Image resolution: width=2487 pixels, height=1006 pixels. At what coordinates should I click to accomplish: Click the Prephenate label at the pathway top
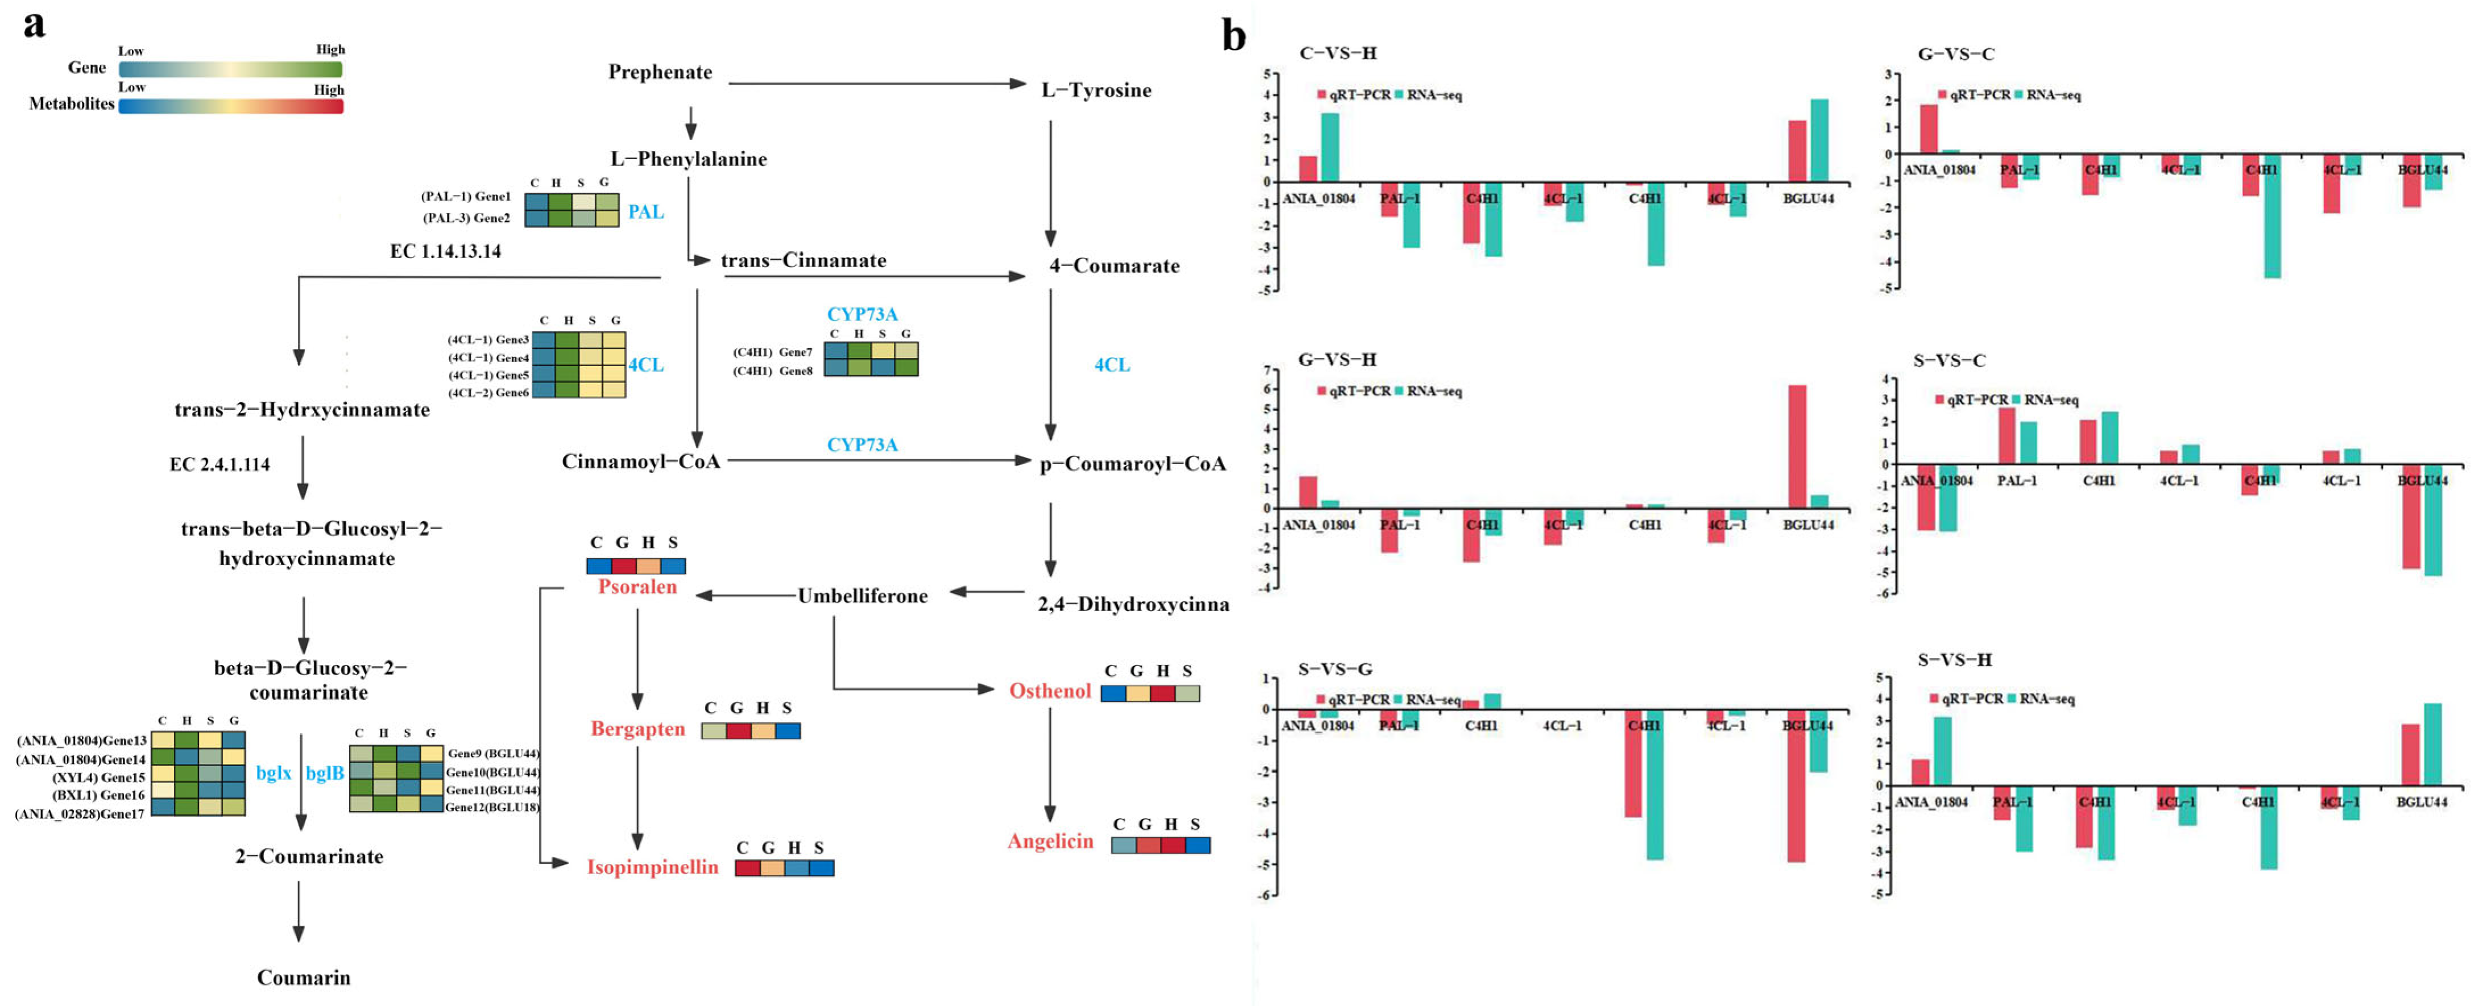(x=660, y=72)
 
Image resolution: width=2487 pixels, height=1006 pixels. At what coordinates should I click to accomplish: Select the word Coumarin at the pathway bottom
(x=303, y=977)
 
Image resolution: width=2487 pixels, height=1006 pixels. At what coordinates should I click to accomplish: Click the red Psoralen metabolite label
(x=637, y=587)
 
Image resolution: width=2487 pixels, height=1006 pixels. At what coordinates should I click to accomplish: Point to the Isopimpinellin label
(x=653, y=867)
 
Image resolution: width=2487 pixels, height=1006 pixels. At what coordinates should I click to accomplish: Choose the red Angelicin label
(x=1050, y=841)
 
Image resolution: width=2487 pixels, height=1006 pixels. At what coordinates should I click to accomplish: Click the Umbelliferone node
(x=862, y=596)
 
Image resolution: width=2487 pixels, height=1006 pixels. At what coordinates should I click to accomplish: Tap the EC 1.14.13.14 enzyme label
(x=445, y=251)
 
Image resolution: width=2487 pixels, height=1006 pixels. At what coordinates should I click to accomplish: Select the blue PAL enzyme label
(x=646, y=211)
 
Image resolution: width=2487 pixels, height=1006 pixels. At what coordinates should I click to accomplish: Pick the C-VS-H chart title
(x=1337, y=53)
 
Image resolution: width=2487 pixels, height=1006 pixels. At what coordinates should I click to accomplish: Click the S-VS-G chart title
(x=1334, y=669)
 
